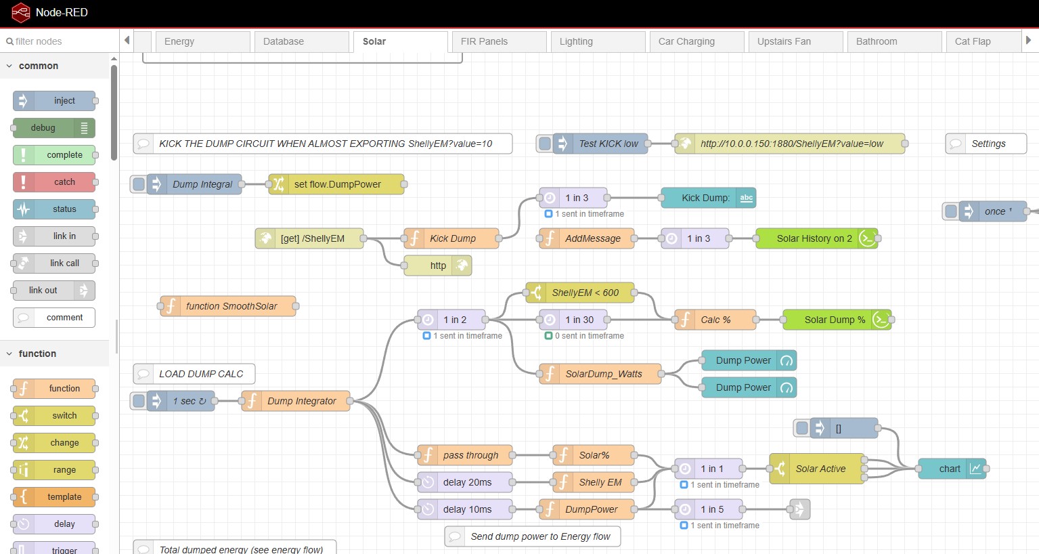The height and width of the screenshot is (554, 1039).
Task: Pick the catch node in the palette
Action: [54, 182]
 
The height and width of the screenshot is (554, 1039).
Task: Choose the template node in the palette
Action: [54, 497]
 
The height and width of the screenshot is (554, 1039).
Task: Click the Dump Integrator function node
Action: [296, 401]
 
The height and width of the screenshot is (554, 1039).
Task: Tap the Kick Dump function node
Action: [451, 238]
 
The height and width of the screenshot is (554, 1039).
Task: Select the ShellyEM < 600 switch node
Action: [580, 293]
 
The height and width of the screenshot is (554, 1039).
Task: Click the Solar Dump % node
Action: [837, 320]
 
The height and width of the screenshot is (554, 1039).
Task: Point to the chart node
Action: [952, 469]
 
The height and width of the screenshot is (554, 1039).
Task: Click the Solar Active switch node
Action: [817, 469]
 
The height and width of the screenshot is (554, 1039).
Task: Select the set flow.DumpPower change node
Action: [336, 184]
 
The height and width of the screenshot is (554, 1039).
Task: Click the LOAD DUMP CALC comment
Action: [194, 374]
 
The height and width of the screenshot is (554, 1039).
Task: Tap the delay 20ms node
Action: [465, 482]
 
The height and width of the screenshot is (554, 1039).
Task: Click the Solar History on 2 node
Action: [817, 238]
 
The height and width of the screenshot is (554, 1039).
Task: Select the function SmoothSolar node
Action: [227, 306]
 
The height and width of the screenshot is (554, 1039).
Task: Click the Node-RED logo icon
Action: [21, 12]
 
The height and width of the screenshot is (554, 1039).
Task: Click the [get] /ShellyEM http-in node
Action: [309, 238]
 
